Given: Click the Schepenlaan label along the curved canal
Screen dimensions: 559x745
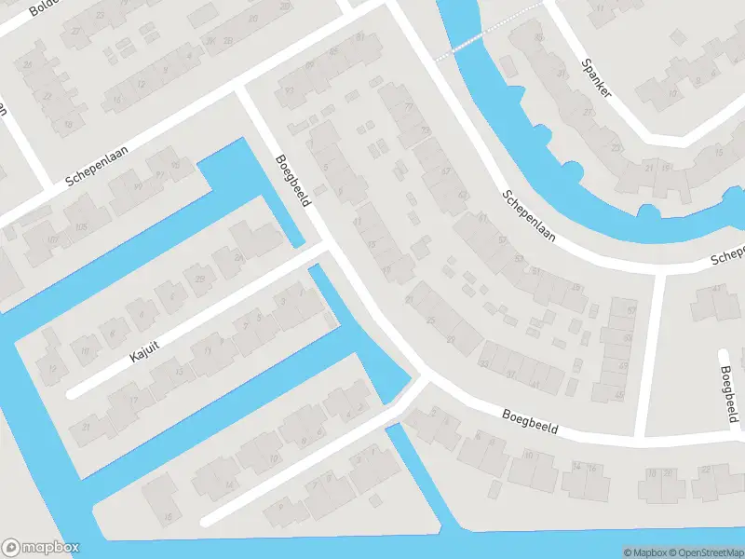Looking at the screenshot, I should tap(528, 216).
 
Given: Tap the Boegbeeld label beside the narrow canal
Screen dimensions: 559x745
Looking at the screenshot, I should tap(291, 181).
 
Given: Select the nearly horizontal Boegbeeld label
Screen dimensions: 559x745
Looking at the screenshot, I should tap(529, 422).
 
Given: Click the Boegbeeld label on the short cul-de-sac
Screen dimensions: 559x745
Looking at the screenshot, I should tap(729, 393).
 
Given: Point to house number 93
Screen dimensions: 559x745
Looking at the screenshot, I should tap(289, 90).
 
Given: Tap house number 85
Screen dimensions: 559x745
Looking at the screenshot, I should tap(333, 51).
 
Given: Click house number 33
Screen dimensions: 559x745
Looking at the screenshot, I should tap(483, 362).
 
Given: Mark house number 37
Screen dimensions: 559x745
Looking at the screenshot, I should tap(510, 375).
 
